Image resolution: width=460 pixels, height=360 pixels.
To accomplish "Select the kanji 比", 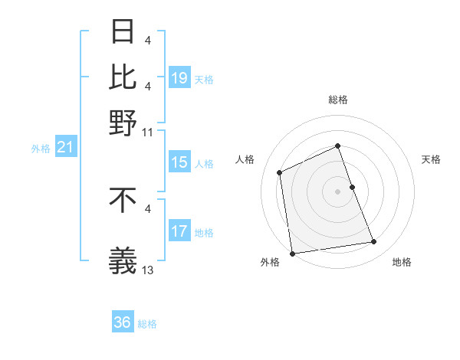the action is pos(123,77).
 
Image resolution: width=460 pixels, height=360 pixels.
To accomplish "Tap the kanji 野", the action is pos(123,120).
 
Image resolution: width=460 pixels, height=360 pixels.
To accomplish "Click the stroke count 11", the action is pos(148,132).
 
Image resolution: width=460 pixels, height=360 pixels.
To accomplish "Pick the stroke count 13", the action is pos(148,270).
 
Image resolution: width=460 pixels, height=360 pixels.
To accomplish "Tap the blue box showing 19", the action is pos(179,78).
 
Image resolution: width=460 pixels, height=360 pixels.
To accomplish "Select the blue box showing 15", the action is pos(179,162).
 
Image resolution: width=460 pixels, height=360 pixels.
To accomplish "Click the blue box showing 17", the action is pos(179,231).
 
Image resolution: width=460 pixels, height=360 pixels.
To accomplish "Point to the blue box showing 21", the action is pos(65,147).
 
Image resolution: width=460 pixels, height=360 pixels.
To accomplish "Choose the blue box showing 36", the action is pos(123,322).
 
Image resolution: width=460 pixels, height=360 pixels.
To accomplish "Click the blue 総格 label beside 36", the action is pos(147,324).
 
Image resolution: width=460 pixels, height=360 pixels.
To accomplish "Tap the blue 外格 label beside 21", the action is pos(40,149).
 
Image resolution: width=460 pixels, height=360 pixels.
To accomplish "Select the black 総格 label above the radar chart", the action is pos(337,100).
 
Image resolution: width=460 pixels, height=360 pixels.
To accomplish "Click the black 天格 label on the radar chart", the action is pos(431,159).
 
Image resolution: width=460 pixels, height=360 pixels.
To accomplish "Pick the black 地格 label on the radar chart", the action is pos(402,262).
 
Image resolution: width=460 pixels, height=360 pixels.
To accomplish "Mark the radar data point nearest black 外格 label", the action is pos(292,253).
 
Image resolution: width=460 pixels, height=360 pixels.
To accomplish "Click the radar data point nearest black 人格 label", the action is pos(280,172).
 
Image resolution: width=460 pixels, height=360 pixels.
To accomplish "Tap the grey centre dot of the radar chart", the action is pos(337,191).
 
